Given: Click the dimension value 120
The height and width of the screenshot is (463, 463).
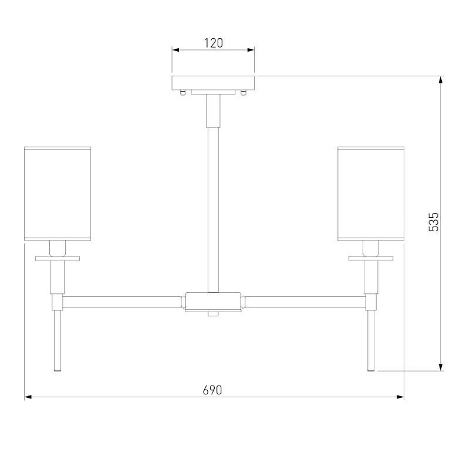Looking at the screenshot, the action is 214,43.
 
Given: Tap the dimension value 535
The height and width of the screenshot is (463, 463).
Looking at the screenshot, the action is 434,222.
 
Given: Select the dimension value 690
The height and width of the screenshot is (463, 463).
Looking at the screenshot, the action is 212,390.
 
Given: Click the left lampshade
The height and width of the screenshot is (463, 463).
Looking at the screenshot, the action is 58,194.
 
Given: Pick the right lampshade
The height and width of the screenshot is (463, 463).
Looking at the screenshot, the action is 371,194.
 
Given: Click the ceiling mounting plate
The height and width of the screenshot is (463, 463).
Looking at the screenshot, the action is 213,83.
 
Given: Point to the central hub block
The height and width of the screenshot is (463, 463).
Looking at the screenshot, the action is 213,301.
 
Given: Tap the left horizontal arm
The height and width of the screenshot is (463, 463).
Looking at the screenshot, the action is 121,302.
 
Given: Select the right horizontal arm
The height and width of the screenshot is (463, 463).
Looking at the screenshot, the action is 305,302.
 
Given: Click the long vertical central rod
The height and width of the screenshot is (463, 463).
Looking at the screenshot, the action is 213,209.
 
